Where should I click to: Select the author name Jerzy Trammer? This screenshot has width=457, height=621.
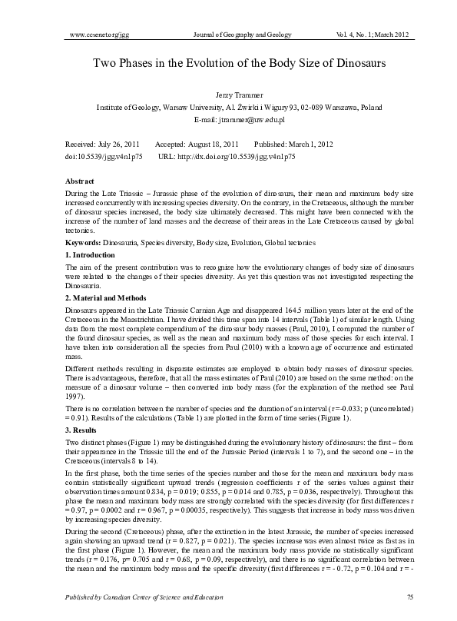(228, 94)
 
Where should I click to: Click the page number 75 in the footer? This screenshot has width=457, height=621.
(389, 596)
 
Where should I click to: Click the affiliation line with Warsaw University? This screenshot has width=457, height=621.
(228, 108)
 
